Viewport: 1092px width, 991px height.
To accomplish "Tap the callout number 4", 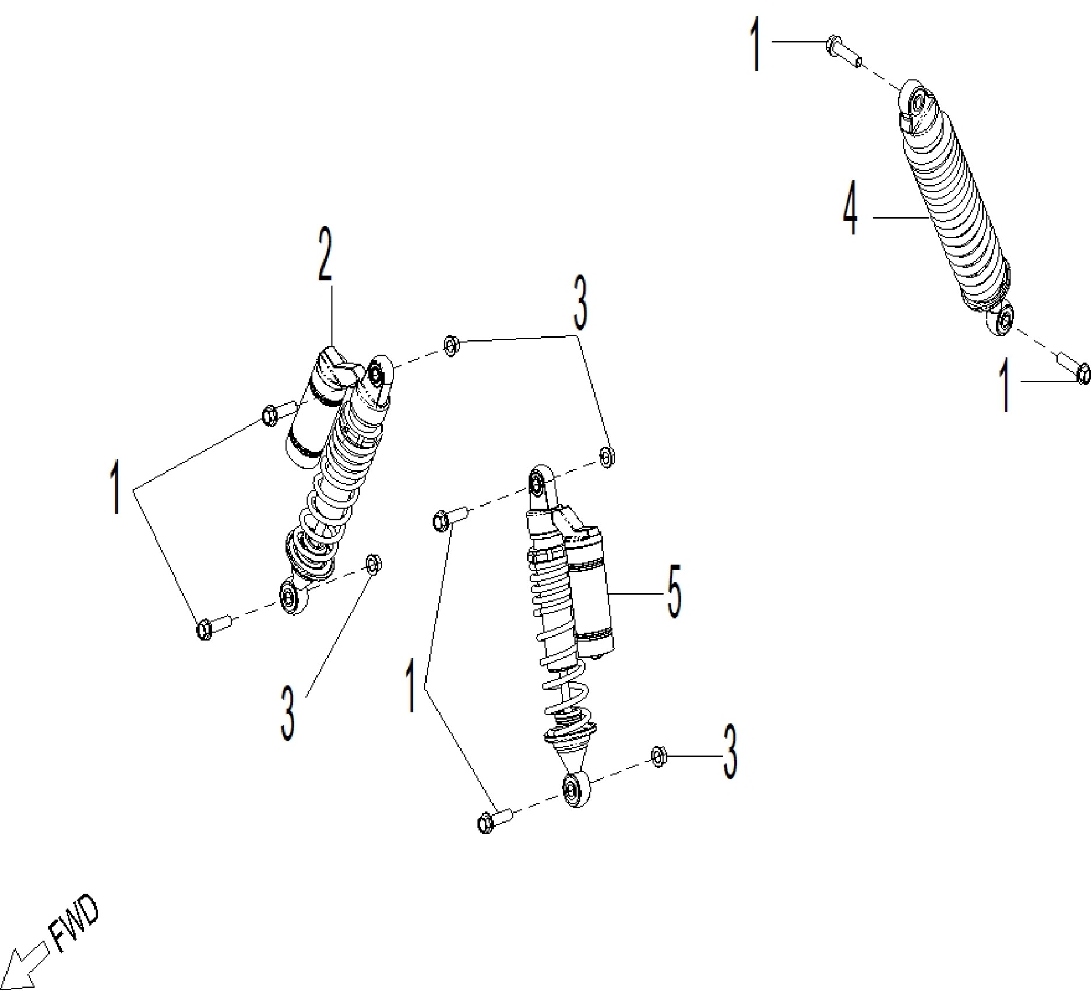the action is coord(851,208).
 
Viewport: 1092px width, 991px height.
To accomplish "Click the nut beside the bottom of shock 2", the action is coord(373,564).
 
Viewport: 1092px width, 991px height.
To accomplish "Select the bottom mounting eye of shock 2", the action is coord(290,596).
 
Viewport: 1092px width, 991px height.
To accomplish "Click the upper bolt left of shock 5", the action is coord(449,518).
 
